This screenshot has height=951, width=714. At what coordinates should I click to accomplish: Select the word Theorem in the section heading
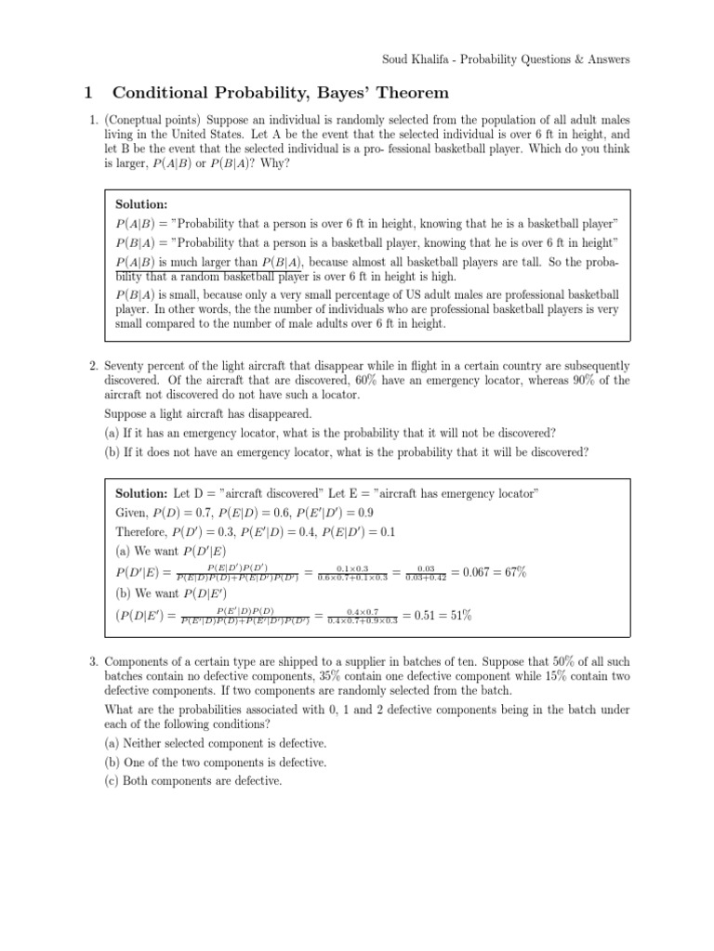pyautogui.click(x=390, y=93)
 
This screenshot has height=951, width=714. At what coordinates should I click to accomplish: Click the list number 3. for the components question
pyautogui.click(x=95, y=661)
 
